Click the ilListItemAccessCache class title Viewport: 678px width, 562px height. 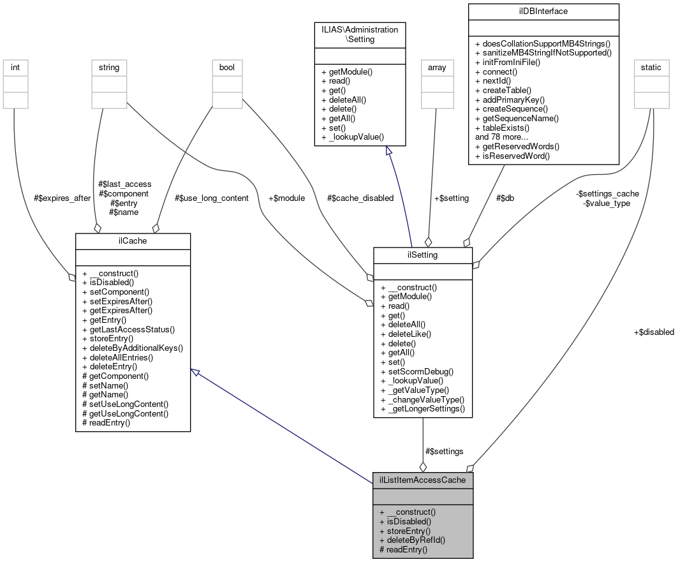pos(422,480)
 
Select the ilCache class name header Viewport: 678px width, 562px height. pos(133,241)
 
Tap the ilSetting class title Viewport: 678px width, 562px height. pos(422,255)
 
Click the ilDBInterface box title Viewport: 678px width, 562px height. pos(543,11)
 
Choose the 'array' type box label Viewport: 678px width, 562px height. pos(436,67)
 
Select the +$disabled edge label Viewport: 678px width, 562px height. pos(654,332)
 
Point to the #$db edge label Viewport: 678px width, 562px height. pos(505,198)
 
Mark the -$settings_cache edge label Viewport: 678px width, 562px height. pos(607,193)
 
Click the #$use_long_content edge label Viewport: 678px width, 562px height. pos(211,198)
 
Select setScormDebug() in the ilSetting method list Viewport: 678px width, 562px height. pos(416,371)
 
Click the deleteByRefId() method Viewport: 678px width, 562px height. pos(412,540)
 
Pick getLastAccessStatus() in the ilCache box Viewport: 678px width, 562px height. pos(128,329)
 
